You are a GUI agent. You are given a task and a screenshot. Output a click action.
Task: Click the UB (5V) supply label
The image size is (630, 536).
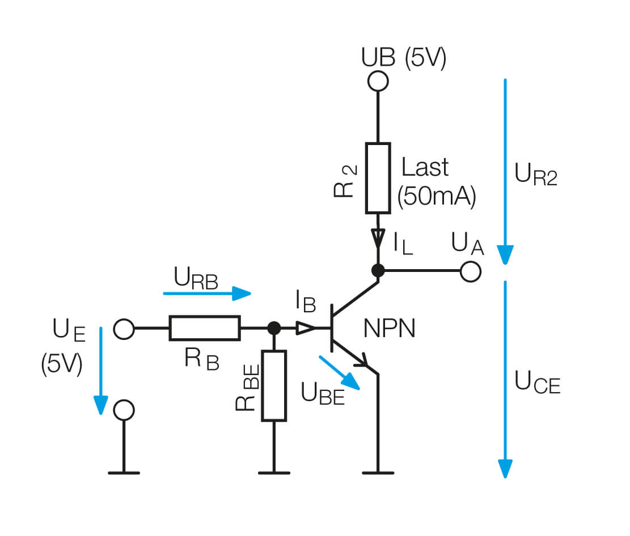pyautogui.click(x=404, y=58)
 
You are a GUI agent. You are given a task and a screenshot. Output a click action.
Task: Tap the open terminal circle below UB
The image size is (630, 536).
pyautogui.click(x=378, y=82)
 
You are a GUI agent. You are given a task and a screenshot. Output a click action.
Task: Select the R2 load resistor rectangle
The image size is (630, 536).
pyautogui.click(x=378, y=178)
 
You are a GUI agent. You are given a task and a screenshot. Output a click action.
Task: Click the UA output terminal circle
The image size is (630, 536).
pyautogui.click(x=470, y=271)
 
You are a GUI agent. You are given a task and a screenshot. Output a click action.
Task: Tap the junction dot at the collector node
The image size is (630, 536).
pyautogui.click(x=378, y=271)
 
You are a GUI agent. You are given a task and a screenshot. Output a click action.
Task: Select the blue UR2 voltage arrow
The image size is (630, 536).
pyautogui.click(x=505, y=170)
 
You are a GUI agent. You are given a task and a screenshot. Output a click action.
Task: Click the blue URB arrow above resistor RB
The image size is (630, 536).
pyautogui.click(x=207, y=293)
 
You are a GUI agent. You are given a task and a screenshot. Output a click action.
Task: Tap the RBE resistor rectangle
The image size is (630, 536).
pyautogui.click(x=274, y=385)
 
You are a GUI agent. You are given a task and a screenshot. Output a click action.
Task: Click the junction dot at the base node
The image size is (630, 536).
pyautogui.click(x=274, y=328)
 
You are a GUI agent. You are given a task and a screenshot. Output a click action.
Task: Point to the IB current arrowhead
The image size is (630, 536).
pyautogui.click(x=306, y=328)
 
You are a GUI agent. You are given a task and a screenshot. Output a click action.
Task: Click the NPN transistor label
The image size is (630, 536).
pyautogui.click(x=389, y=329)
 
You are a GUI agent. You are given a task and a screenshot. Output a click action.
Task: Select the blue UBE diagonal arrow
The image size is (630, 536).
pyautogui.click(x=340, y=372)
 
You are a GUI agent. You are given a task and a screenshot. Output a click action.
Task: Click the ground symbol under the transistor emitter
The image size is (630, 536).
pyautogui.click(x=378, y=472)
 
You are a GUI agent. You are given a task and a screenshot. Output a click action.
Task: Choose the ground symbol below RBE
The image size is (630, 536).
pyautogui.click(x=274, y=472)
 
